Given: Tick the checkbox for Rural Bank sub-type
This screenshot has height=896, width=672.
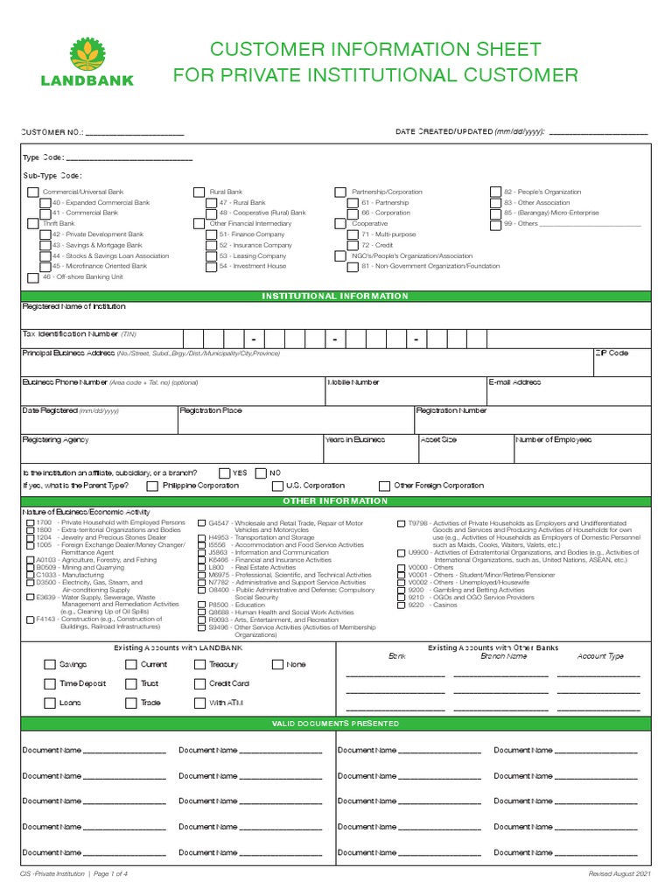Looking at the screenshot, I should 199,192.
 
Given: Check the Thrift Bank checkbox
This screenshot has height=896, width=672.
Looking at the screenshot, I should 33,224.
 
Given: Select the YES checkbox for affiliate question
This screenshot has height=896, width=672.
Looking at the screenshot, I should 224,472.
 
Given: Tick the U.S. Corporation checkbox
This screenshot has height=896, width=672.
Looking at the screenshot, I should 277,486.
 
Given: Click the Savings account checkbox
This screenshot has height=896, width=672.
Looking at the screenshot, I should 50,665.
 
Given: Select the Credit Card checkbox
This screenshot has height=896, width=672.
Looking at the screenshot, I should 200,683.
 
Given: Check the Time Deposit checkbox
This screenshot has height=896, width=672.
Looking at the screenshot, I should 50,683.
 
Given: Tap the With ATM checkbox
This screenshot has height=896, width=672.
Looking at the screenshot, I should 200,703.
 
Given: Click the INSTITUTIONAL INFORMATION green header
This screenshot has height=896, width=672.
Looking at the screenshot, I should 335,296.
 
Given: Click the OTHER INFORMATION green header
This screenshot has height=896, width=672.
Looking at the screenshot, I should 335,500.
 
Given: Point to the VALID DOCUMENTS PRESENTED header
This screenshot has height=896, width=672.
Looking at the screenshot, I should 335,724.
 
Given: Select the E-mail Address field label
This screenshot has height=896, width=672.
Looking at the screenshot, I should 514,382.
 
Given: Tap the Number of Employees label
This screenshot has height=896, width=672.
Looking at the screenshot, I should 553,440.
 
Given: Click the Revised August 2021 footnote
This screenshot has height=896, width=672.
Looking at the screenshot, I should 619,875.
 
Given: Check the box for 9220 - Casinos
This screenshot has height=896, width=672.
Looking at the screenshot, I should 401,605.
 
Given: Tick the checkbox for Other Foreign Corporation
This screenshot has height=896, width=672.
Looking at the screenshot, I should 384,486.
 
